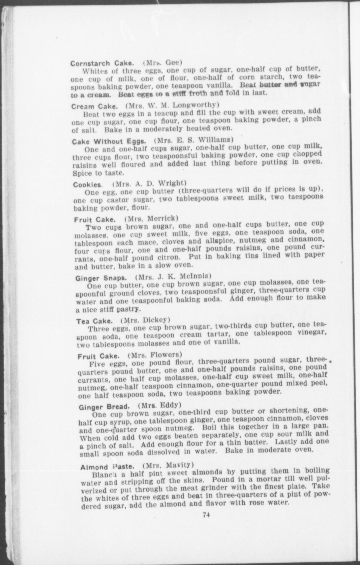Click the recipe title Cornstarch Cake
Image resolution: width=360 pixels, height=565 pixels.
(102, 63)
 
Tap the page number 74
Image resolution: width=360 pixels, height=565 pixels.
(206, 515)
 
